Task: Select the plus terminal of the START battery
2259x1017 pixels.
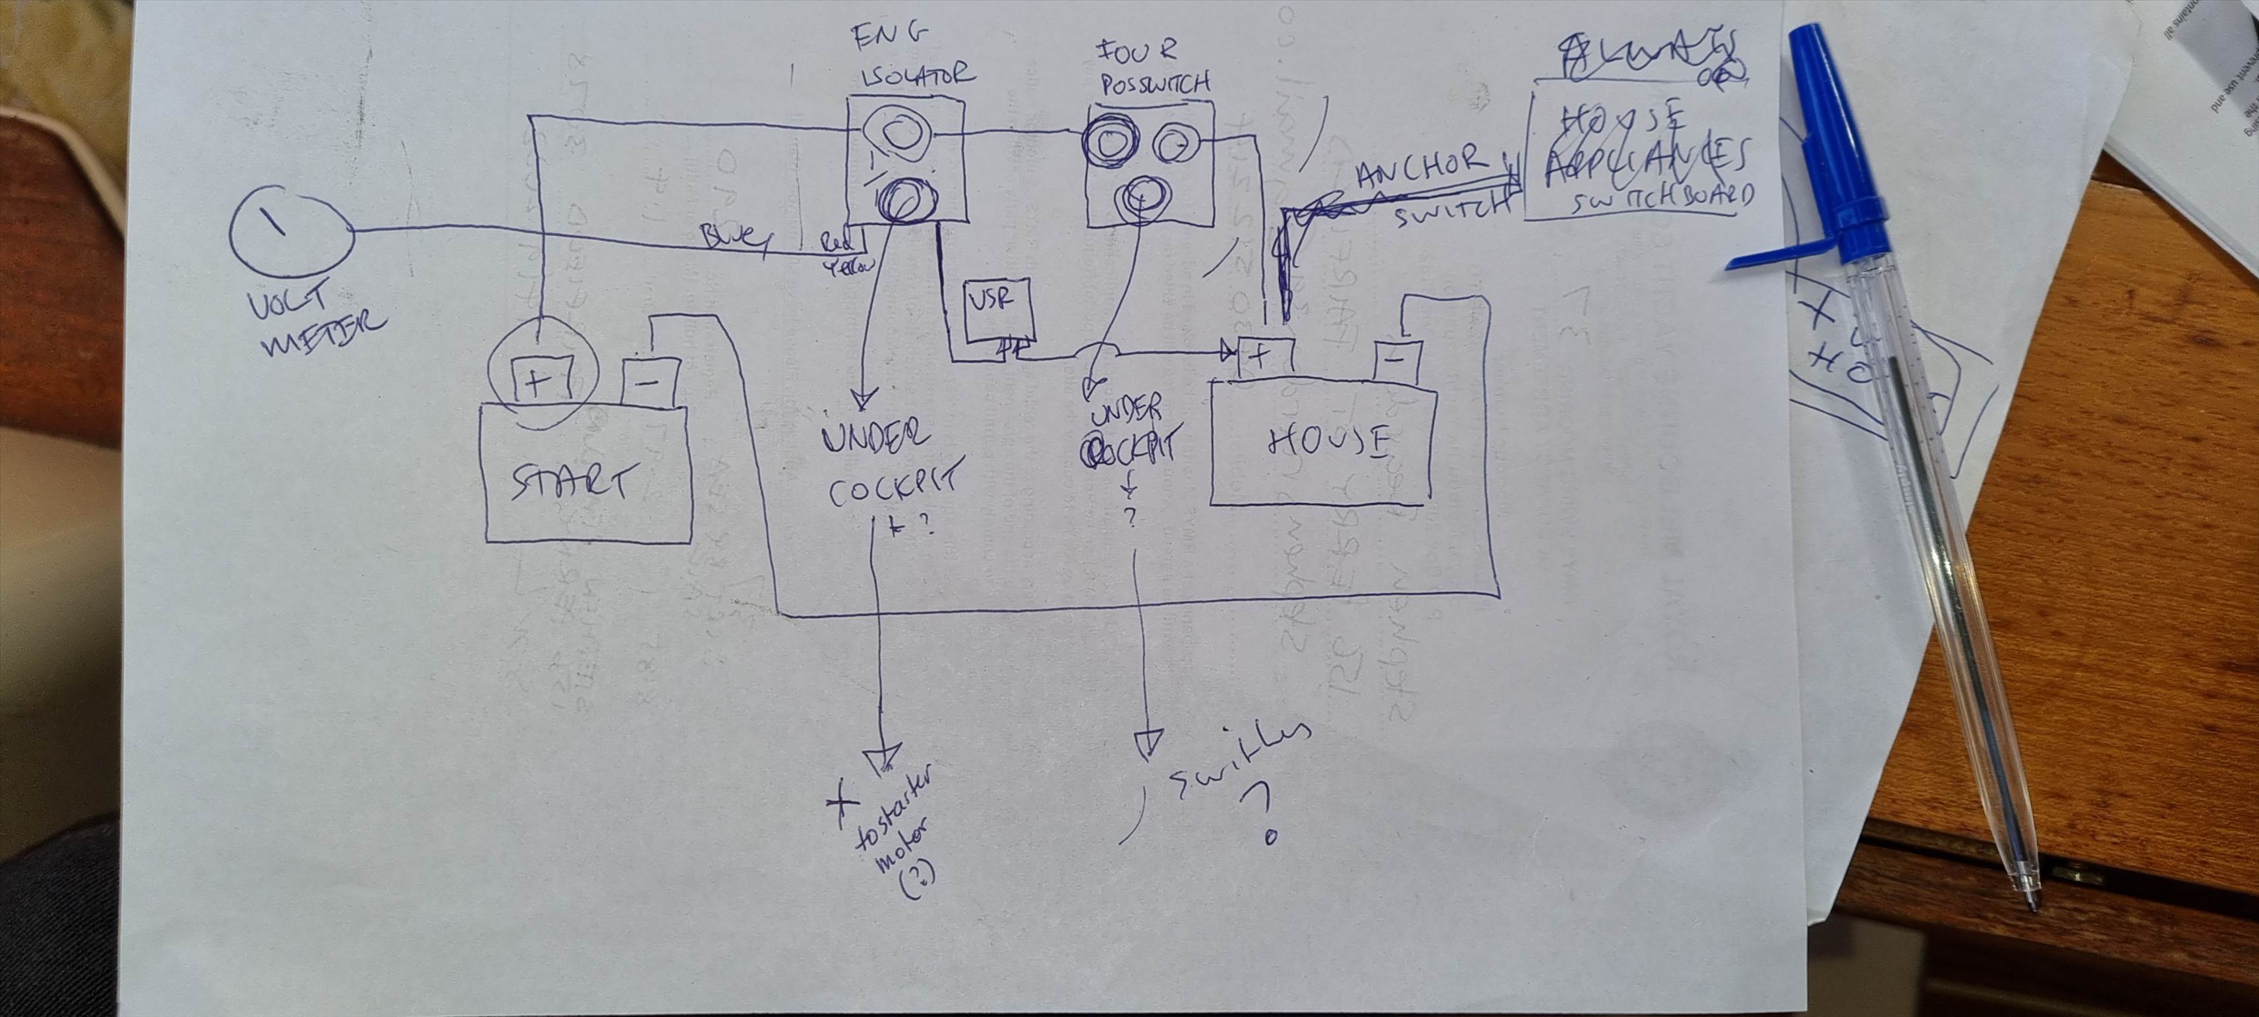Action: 538,382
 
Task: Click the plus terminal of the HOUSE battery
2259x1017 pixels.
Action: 1262,356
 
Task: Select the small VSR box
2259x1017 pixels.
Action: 998,311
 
